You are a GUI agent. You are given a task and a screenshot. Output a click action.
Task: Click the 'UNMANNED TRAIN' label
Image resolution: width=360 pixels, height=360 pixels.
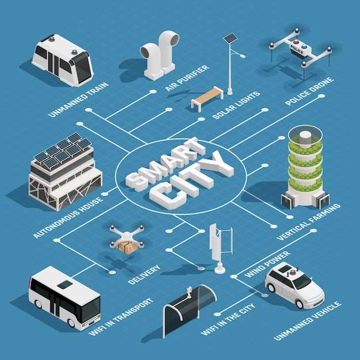pyautogui.click(x=79, y=99)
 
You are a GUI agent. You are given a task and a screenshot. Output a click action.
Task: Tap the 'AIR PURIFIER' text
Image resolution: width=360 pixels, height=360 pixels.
pyautogui.click(x=187, y=78)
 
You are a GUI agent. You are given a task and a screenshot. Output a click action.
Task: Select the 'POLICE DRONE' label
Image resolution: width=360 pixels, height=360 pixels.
pyautogui.click(x=309, y=91)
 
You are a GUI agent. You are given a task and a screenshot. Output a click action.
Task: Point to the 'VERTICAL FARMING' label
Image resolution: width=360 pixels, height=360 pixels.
pyautogui.click(x=309, y=221)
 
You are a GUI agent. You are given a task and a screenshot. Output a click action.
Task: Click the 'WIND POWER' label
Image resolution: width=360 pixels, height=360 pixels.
pyautogui.click(x=267, y=264)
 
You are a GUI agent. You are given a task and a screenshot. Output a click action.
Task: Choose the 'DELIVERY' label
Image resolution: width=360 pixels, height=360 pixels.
pyautogui.click(x=144, y=274)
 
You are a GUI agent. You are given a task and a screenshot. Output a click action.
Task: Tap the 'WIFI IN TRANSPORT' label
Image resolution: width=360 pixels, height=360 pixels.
pyautogui.click(x=121, y=317)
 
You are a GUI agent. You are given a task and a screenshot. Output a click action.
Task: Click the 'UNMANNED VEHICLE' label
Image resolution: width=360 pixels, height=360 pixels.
pyautogui.click(x=308, y=321)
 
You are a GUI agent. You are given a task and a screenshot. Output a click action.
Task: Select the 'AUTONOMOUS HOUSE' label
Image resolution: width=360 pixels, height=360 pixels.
pyautogui.click(x=68, y=217)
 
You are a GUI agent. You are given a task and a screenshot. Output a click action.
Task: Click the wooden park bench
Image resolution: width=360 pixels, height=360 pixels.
pyautogui.click(x=208, y=99)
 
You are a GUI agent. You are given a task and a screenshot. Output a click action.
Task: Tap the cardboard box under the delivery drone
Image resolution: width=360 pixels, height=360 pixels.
pyautogui.click(x=127, y=247)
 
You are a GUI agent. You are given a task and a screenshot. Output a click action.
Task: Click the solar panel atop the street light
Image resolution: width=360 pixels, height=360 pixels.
pyautogui.click(x=231, y=38)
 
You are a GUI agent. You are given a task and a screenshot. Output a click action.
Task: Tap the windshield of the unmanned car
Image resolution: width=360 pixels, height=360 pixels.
pyautogui.click(x=302, y=281)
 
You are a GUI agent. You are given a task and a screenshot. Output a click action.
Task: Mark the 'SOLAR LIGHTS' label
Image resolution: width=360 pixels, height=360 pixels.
pyautogui.click(x=236, y=105)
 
